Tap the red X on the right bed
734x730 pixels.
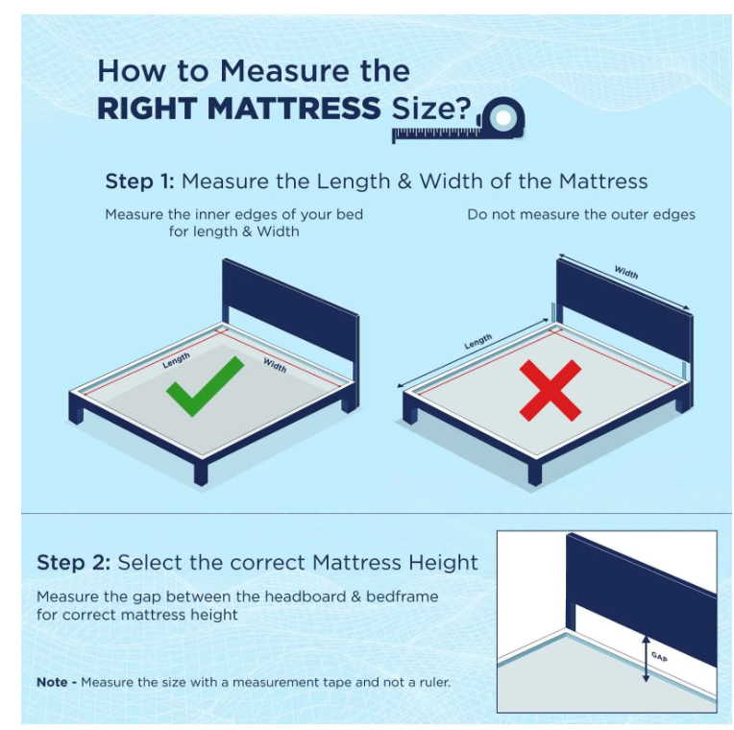coord(550,390)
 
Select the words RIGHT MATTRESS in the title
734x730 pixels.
coord(238,109)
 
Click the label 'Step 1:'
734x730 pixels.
coord(139,182)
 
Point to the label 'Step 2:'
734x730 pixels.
coord(73,562)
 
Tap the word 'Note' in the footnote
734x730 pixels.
coord(52,682)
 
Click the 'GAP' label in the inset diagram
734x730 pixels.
coord(659,657)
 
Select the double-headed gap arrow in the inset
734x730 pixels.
coord(646,658)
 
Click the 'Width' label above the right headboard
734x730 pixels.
coord(625,272)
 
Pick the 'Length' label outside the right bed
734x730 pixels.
coord(477,341)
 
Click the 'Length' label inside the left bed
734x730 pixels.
coord(176,360)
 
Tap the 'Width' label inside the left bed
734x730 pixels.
coord(275,365)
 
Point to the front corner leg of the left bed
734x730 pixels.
coord(201,474)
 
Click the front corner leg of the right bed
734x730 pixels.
coord(534,474)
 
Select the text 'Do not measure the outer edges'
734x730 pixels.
coord(581,214)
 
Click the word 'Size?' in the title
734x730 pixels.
coord(431,109)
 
